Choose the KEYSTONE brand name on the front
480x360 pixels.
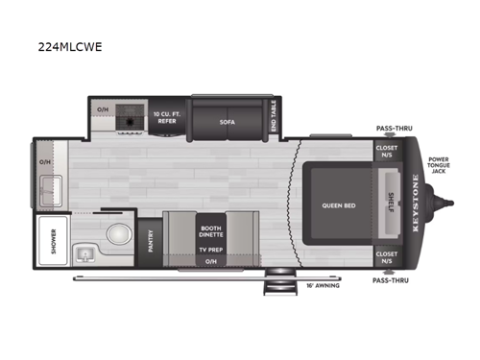[x=415, y=203]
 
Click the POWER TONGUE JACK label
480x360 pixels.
[x=438, y=166]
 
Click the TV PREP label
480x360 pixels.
[x=211, y=249]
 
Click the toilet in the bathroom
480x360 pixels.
[x=116, y=234]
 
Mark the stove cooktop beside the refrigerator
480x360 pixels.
[x=130, y=120]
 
